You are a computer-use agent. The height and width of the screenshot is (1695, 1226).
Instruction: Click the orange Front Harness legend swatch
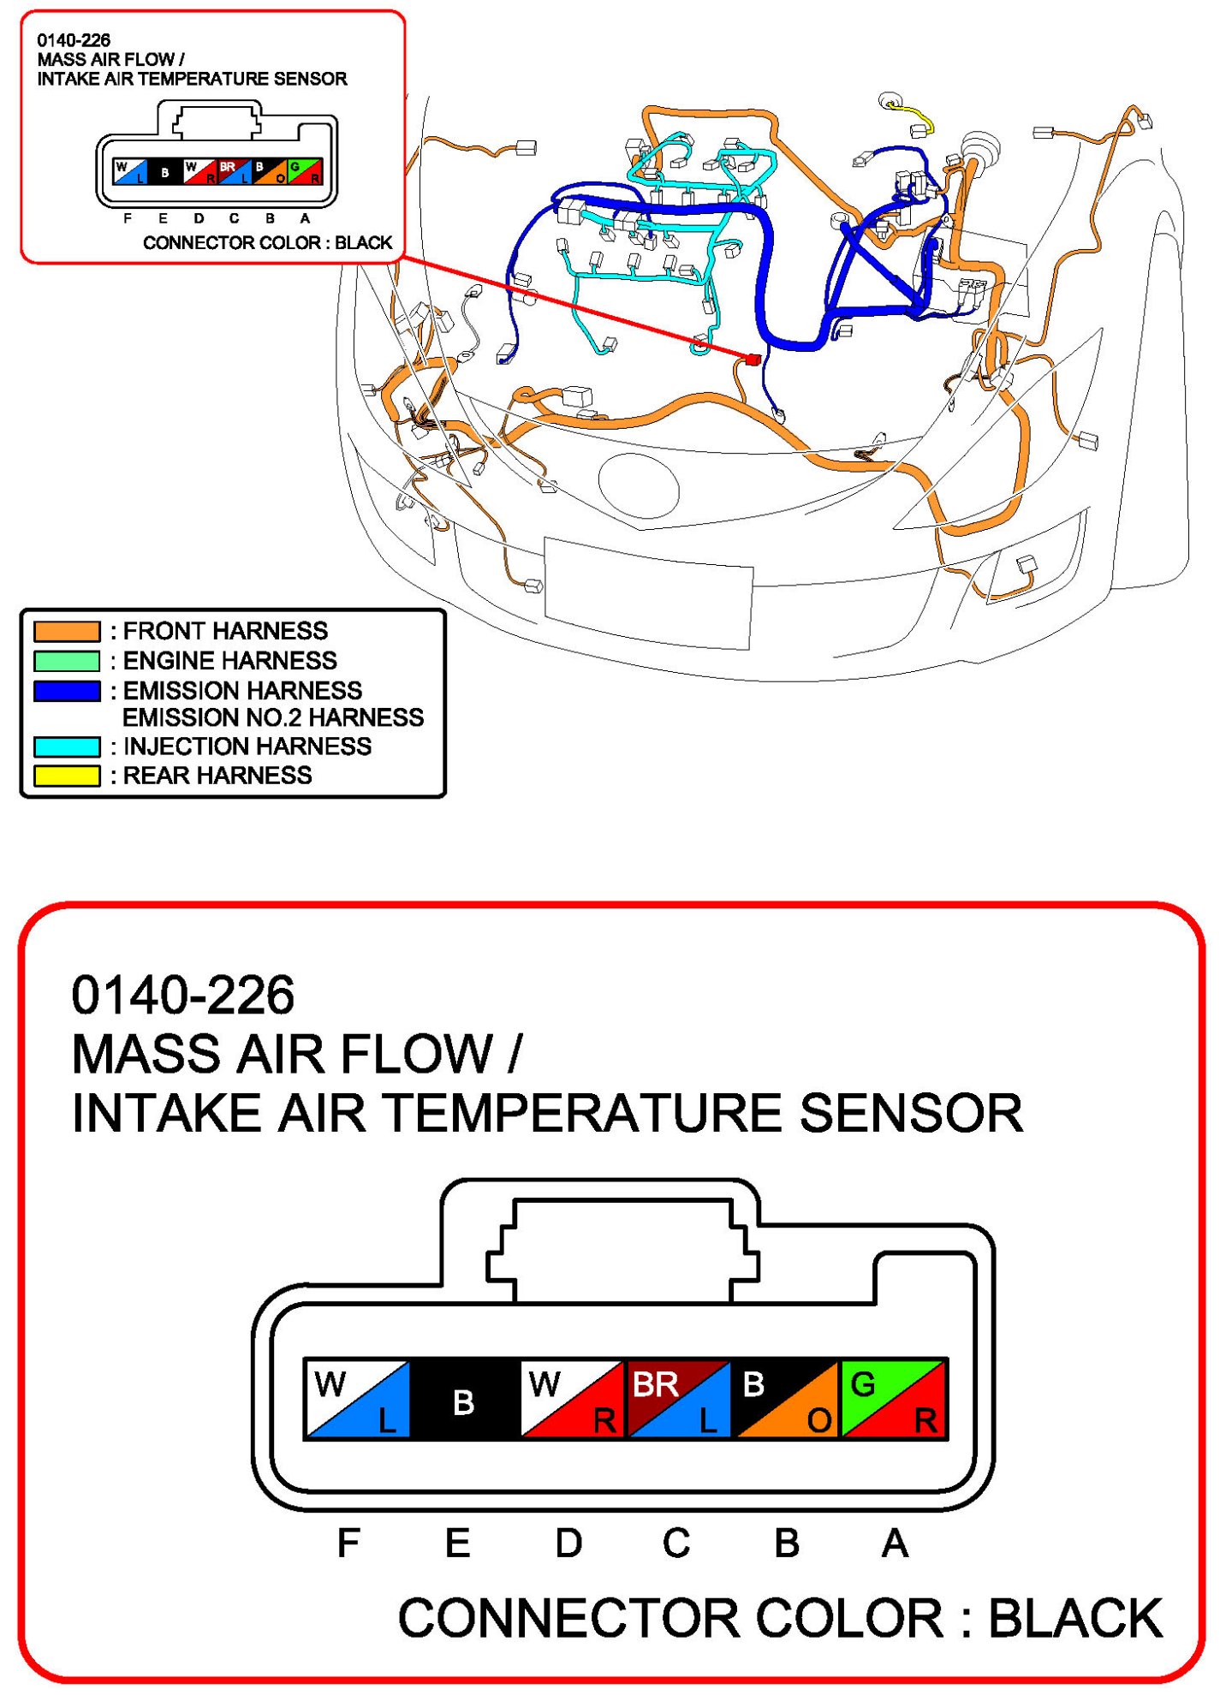[x=67, y=631]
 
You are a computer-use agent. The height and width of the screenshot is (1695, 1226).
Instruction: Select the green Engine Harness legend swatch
[x=67, y=661]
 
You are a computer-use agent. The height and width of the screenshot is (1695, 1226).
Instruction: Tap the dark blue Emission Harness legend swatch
[x=67, y=690]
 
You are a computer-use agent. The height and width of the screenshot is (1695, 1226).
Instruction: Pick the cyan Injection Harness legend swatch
[x=67, y=746]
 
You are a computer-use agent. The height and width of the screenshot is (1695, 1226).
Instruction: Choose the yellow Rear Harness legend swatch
[x=67, y=776]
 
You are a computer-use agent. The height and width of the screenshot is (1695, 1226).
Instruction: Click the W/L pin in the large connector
[x=359, y=1399]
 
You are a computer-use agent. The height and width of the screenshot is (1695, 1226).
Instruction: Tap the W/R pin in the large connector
[x=573, y=1399]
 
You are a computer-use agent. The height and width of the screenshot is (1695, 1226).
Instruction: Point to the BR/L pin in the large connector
[x=679, y=1399]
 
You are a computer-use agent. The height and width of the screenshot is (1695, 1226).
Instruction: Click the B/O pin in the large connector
[x=787, y=1399]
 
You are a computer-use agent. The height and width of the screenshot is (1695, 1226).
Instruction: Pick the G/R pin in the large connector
[x=894, y=1399]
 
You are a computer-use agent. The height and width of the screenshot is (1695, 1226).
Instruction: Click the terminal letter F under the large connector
[x=348, y=1543]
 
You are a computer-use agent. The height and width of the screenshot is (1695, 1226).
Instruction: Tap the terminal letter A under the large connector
[x=895, y=1543]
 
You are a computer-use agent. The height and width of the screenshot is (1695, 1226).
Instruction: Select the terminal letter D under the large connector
[x=568, y=1543]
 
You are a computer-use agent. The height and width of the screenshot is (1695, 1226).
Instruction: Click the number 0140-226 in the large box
[x=183, y=995]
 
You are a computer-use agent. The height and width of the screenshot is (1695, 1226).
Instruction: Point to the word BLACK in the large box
[x=1075, y=1619]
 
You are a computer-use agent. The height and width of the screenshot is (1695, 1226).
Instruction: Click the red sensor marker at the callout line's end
[x=753, y=360]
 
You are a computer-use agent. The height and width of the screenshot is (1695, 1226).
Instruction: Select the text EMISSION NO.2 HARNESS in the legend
[x=273, y=717]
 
